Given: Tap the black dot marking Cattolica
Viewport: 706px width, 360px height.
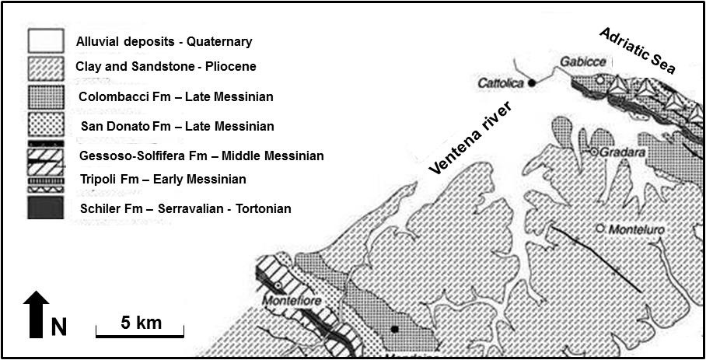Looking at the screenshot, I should coord(532,82).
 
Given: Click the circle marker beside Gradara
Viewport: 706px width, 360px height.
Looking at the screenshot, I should coord(593,152).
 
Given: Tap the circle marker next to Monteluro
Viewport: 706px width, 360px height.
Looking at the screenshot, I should coord(600,229).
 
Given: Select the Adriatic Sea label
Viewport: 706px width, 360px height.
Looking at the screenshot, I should coord(638,49).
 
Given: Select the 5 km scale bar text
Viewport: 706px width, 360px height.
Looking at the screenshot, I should coord(141,322).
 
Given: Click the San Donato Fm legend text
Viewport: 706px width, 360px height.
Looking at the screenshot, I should coord(177,126).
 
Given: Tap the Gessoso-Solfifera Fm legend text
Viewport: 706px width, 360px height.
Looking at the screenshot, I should coord(201,156).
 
